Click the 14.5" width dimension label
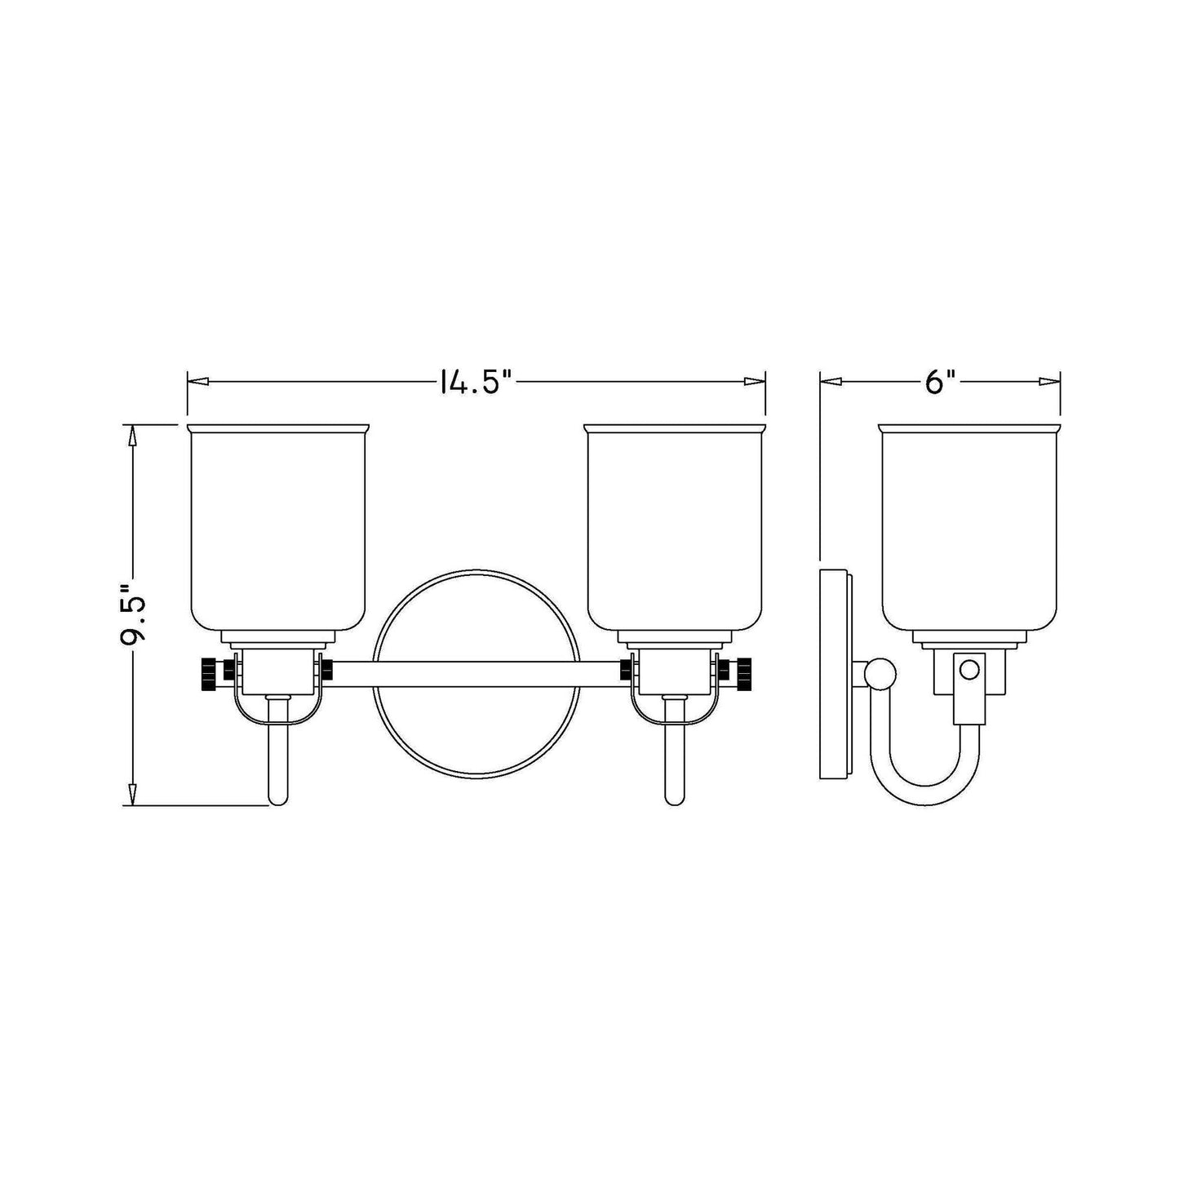tap(476, 381)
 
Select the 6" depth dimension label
tap(940, 381)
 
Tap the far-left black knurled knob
tap(208, 671)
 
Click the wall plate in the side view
tap(835, 675)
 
